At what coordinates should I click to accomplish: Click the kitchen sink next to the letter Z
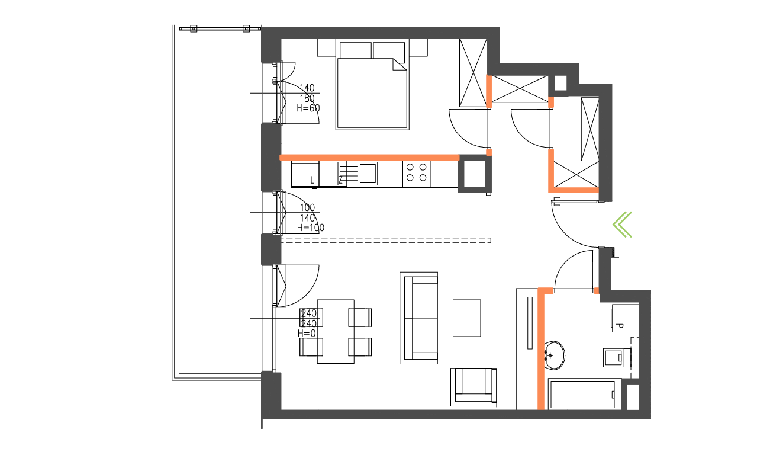point(367,173)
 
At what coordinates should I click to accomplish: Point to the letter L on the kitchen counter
point(312,180)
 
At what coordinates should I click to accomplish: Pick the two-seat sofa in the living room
point(419,318)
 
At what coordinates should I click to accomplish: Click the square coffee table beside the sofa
point(467,318)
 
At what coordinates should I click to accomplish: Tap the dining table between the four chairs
point(336,331)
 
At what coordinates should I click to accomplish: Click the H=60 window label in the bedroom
point(308,108)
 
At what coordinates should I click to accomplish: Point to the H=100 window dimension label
point(310,227)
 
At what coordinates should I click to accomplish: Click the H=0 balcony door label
point(307,334)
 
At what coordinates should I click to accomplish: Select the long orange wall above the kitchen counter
point(369,158)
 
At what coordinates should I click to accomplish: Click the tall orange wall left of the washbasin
point(540,350)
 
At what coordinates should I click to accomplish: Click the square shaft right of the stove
point(474,174)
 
